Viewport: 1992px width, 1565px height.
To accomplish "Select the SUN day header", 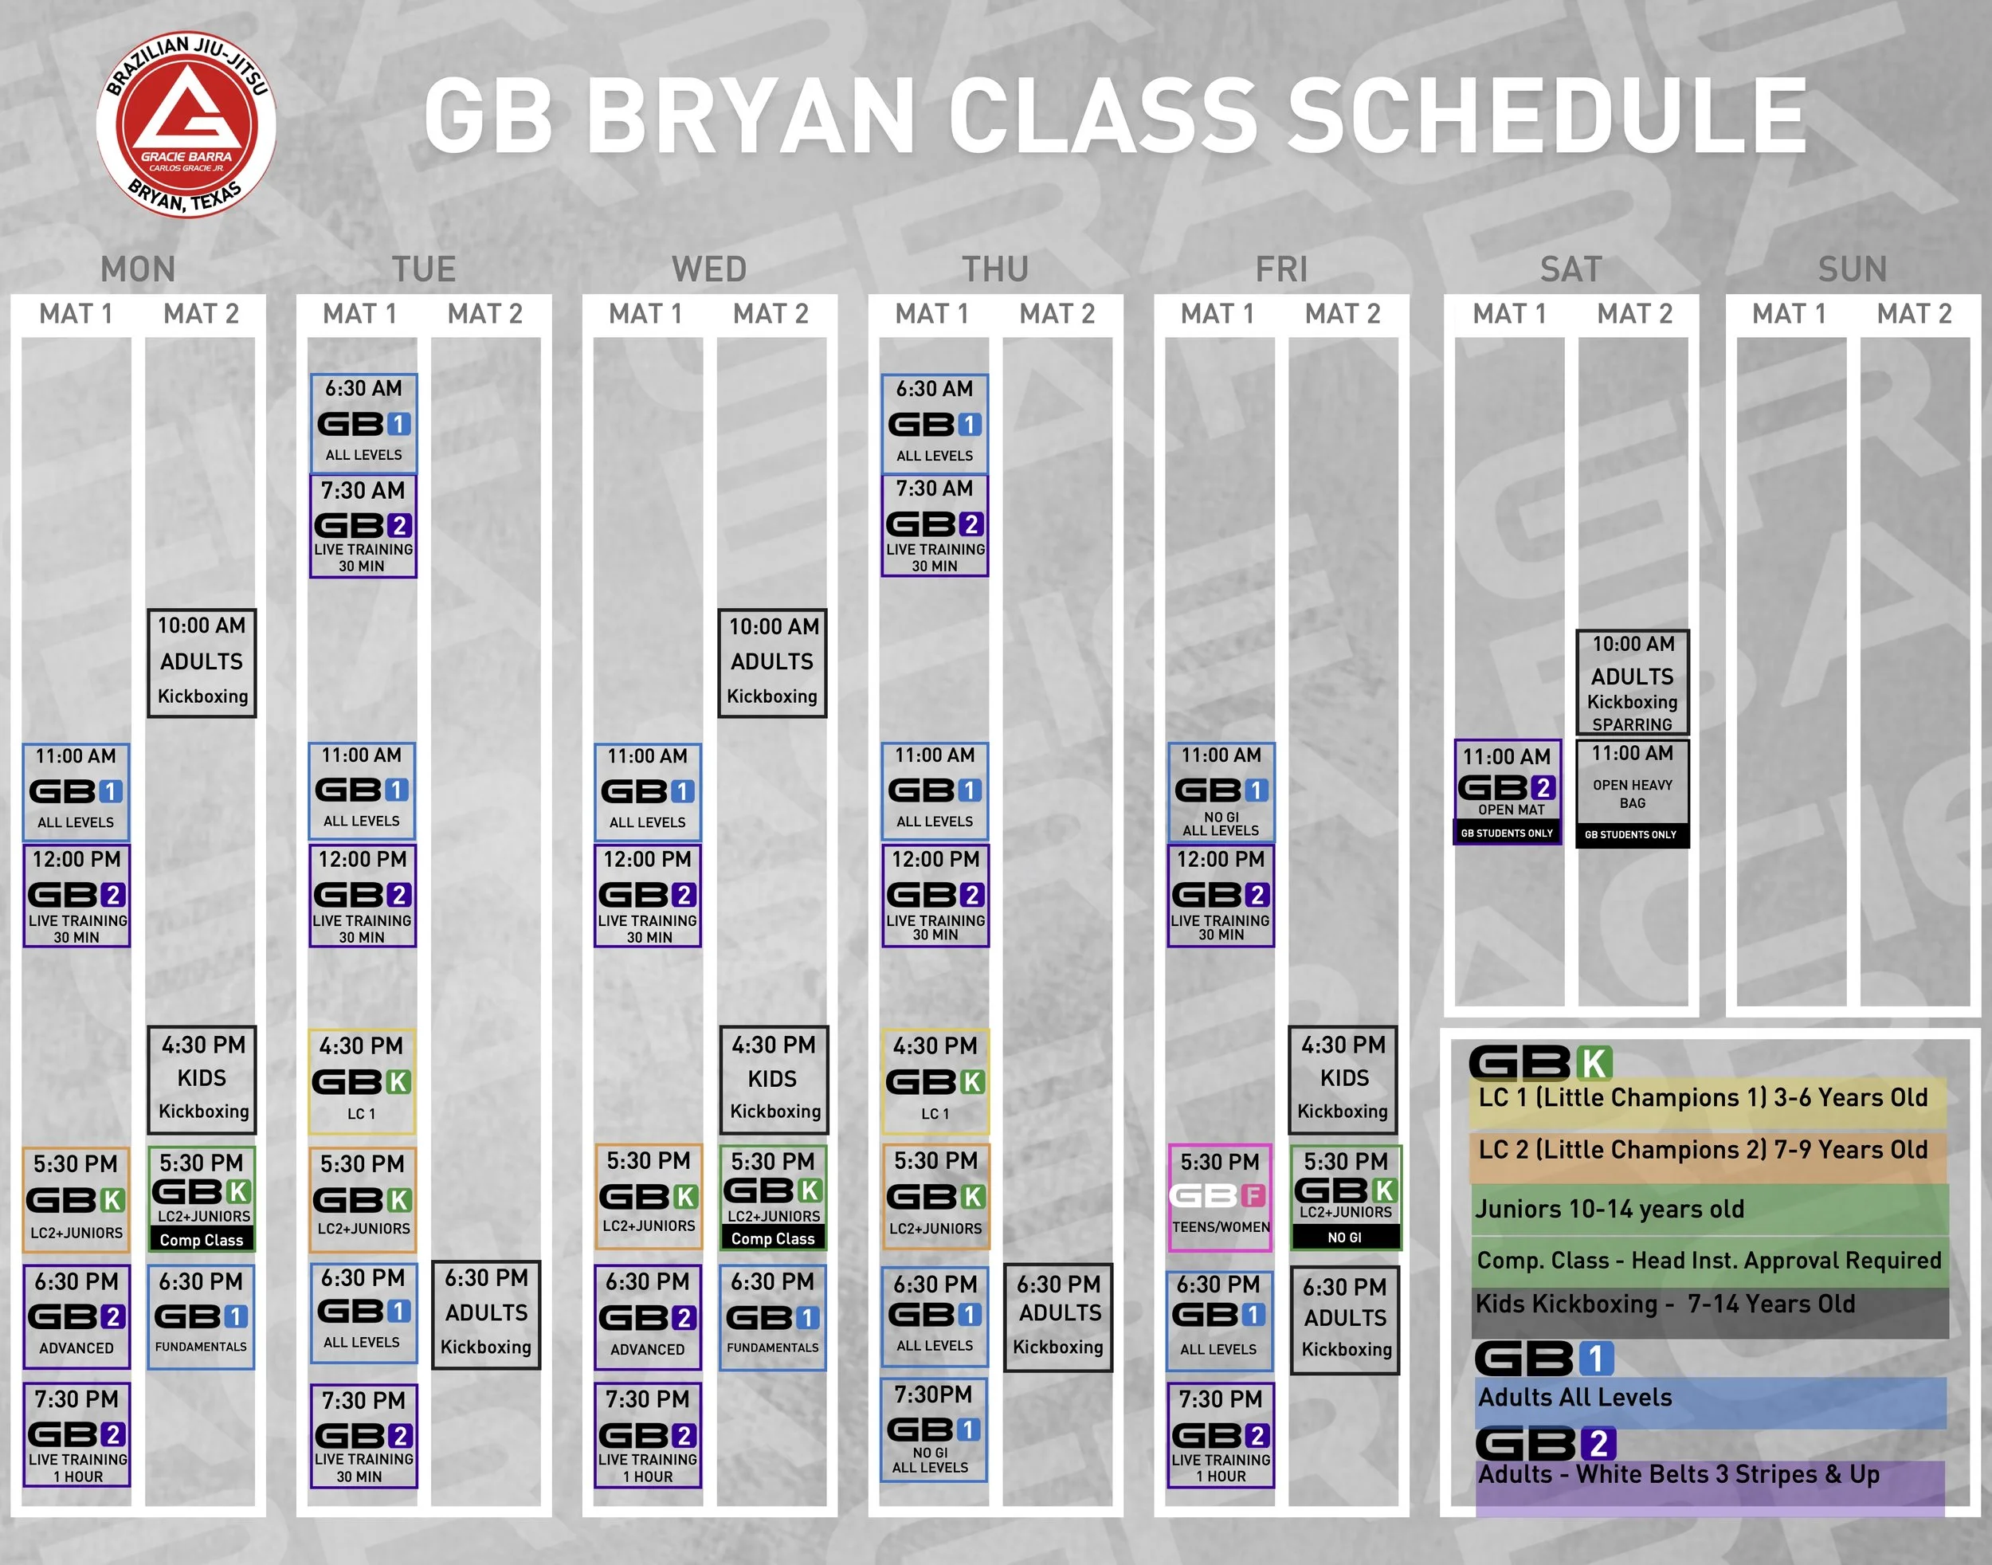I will click(1852, 269).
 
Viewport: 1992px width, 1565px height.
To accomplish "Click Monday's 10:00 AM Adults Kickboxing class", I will click(202, 662).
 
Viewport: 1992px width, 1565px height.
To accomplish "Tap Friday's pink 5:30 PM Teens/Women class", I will click(1220, 1197).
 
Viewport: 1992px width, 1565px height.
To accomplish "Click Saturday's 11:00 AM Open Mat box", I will click(1508, 791).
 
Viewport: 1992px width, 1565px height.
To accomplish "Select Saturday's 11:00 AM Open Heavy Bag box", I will click(1632, 794).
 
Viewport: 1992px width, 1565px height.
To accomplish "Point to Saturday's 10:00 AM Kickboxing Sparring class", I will click(1632, 683).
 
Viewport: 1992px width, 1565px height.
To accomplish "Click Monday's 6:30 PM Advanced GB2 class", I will click(76, 1316).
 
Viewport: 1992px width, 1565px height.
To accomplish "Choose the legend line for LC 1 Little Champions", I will click(1703, 1099).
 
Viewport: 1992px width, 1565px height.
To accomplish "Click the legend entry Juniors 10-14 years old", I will click(1610, 1210).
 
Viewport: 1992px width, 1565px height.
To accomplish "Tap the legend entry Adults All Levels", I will click(1575, 1398).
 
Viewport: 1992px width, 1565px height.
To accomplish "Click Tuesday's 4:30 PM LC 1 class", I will click(361, 1081).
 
